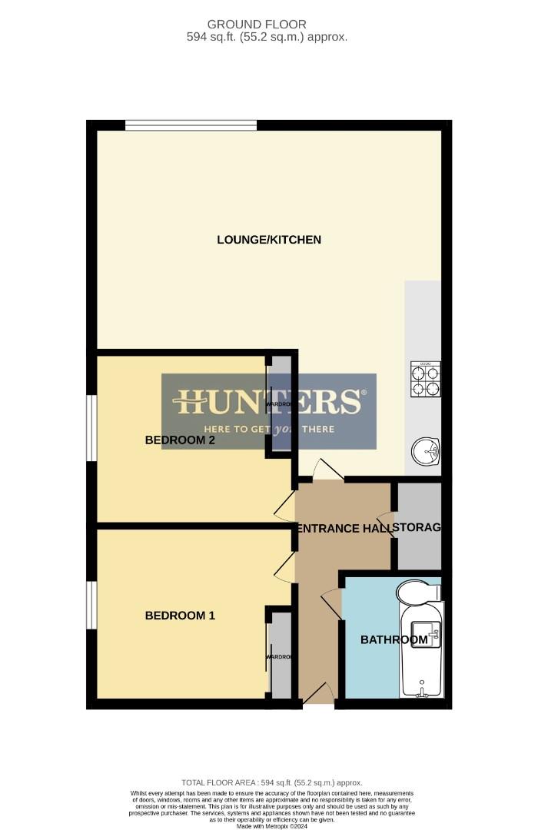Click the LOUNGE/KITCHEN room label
point(269,240)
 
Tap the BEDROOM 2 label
point(180,440)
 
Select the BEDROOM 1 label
point(180,616)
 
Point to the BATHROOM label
point(394,639)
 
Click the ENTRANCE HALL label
point(344,528)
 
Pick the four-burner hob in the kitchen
point(425,379)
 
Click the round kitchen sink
point(424,451)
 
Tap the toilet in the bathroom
point(418,593)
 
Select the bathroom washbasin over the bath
point(426,634)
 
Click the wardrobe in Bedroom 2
point(280,404)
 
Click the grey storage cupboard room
point(419,527)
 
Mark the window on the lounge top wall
point(191,125)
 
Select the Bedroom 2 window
point(91,428)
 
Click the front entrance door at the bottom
point(318,694)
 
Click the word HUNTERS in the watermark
point(268,402)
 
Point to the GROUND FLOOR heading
point(267,25)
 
